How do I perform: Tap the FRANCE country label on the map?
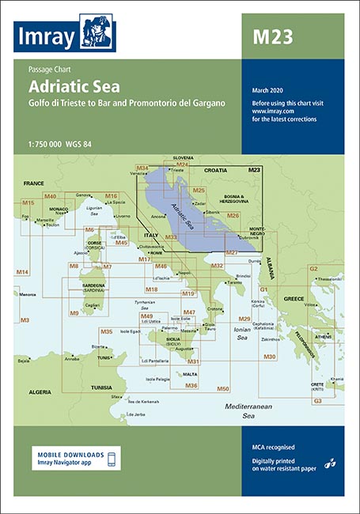click(x=33, y=183)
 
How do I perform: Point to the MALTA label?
click(x=190, y=374)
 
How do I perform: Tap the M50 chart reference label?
click(x=223, y=388)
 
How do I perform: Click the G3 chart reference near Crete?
click(x=317, y=402)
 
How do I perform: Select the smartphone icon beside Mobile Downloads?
click(x=112, y=459)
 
